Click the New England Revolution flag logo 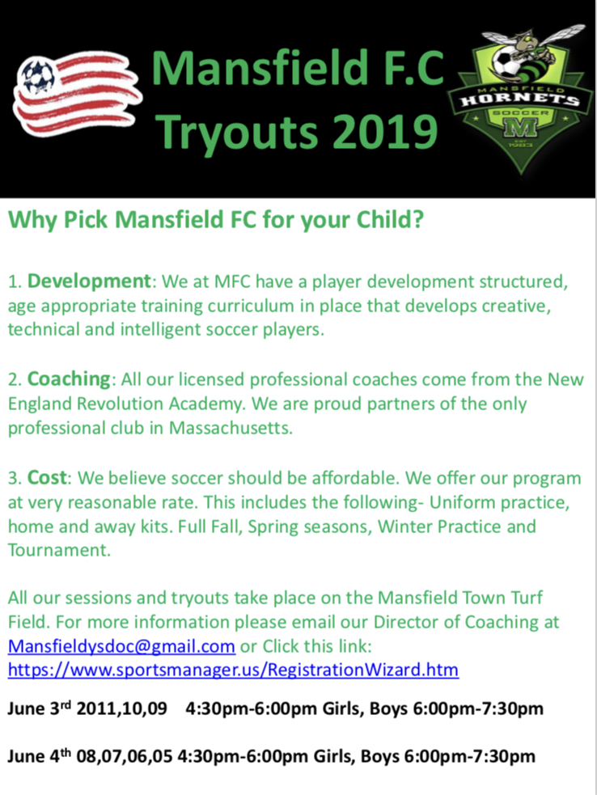(76, 96)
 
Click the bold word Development (89, 282)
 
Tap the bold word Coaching (69, 380)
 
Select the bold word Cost (47, 478)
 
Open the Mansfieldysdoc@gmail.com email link (121, 647)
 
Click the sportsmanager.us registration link (233, 670)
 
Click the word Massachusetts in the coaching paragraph (231, 429)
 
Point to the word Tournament (59, 551)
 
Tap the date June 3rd (40, 708)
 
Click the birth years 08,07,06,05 (124, 757)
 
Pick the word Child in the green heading (390, 220)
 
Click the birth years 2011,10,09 (121, 708)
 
